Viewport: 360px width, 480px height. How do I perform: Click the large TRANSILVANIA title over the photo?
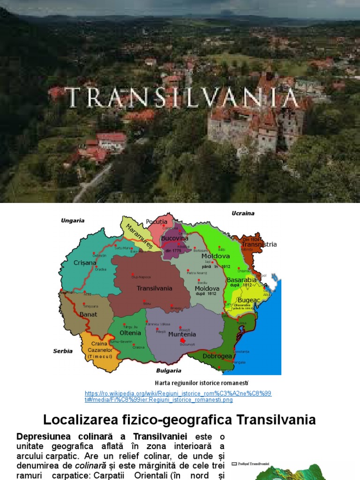182,97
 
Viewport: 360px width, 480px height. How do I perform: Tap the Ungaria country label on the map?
73,220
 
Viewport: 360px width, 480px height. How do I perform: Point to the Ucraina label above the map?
243,213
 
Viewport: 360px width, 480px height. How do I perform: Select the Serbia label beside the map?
63,351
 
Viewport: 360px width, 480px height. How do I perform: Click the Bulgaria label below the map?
169,370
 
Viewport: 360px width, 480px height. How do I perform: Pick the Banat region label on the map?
89,315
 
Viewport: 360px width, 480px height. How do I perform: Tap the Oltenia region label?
130,333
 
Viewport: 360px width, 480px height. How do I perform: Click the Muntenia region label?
182,334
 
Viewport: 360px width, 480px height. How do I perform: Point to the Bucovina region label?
174,238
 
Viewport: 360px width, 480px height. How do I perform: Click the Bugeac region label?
249,300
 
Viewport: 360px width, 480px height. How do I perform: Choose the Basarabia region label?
241,280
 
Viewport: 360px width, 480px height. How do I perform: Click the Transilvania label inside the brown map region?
154,288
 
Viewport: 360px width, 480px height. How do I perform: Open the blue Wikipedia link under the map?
178,397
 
